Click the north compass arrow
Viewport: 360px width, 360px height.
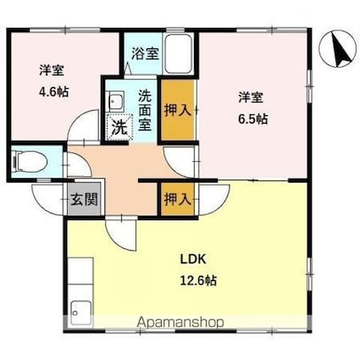[341, 50]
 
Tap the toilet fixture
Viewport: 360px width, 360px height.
[29, 162]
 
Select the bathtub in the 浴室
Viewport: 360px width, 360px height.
[179, 54]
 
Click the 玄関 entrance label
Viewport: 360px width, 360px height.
[84, 199]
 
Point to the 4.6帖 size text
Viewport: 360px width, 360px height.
[53, 91]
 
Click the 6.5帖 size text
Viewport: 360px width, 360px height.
[253, 119]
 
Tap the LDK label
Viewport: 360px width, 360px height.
[193, 259]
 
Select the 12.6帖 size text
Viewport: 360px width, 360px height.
[198, 280]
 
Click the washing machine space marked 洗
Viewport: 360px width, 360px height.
[119, 126]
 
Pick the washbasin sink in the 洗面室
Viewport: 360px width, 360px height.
[116, 101]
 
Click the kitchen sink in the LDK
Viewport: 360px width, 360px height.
[81, 313]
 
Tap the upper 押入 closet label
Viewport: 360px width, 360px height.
[178, 109]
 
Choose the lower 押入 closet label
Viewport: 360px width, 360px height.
[178, 200]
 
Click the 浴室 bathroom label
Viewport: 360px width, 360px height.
[146, 53]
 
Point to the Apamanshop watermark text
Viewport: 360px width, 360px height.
[180, 323]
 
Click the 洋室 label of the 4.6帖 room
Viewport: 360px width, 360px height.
[52, 70]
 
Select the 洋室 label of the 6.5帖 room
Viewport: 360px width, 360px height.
[251, 97]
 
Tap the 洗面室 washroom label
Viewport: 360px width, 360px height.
[145, 110]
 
